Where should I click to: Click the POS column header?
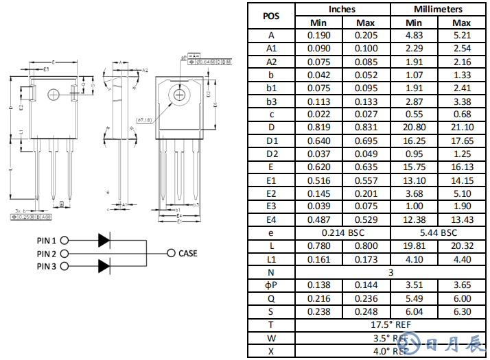(x=271, y=16)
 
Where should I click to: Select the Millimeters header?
(x=438, y=10)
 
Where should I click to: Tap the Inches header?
(x=342, y=10)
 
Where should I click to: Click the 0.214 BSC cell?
(x=342, y=232)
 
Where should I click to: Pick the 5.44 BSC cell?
(x=438, y=232)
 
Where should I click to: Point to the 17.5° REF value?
(x=390, y=324)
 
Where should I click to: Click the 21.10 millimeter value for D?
(x=462, y=128)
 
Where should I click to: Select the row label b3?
(x=271, y=101)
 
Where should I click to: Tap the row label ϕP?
(x=271, y=285)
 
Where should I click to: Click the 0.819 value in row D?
(x=318, y=128)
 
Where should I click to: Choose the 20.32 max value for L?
(x=462, y=245)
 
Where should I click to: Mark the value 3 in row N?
(x=390, y=272)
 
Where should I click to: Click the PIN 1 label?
(x=48, y=241)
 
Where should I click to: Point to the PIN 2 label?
(x=48, y=254)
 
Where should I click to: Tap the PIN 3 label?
(x=48, y=266)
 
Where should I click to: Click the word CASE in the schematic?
(x=187, y=253)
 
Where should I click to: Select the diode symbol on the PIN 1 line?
(x=104, y=241)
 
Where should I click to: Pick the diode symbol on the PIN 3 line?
(x=104, y=266)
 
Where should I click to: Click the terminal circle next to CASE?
(x=170, y=253)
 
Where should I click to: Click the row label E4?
(x=271, y=219)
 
